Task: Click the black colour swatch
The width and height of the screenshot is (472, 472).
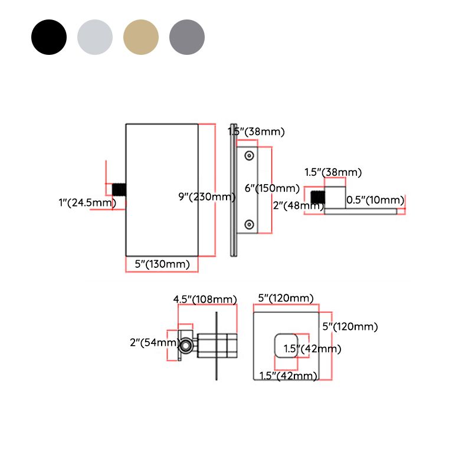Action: coord(49,37)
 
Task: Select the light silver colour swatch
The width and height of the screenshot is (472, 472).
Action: coord(95,37)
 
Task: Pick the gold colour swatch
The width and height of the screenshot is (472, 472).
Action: coord(141,37)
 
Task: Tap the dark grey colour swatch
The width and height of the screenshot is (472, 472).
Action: coord(187,37)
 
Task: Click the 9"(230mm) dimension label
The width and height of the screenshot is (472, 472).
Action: coord(207,196)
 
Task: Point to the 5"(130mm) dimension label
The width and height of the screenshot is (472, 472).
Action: coord(162,264)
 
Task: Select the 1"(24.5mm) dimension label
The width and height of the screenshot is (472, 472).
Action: coord(87,203)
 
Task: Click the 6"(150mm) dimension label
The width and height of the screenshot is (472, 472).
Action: coord(272,188)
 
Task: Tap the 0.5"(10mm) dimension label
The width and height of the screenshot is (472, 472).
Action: coord(375,200)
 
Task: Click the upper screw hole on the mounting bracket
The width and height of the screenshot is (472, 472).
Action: coord(250,155)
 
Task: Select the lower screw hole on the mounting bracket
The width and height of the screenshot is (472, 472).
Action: coord(250,224)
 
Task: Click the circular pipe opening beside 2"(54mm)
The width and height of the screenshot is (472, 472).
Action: coord(186,345)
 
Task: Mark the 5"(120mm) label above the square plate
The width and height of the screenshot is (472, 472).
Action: coord(286,299)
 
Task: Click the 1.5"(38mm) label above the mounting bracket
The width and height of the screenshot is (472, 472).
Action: coord(257,132)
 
